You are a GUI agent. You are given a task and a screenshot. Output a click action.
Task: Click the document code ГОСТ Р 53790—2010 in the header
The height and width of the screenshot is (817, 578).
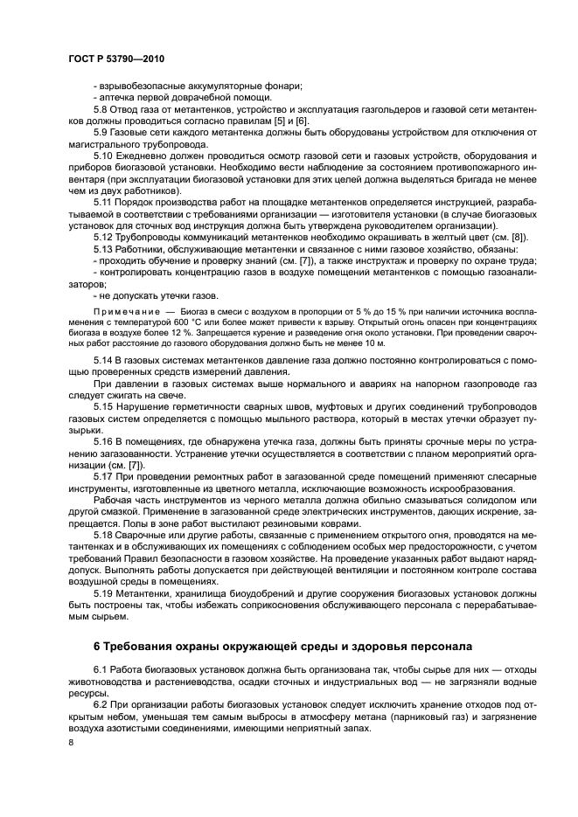click(x=115, y=59)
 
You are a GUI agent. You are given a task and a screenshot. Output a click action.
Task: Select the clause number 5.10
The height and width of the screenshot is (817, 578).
click(x=105, y=155)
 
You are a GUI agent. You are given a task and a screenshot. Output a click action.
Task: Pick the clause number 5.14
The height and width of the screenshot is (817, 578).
click(x=105, y=360)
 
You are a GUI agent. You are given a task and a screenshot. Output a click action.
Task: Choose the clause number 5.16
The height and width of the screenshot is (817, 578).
click(x=105, y=441)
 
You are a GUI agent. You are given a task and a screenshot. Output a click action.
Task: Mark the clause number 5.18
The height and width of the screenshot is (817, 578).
click(x=105, y=533)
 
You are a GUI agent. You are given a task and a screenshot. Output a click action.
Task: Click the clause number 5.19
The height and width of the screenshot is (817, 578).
click(x=105, y=592)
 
